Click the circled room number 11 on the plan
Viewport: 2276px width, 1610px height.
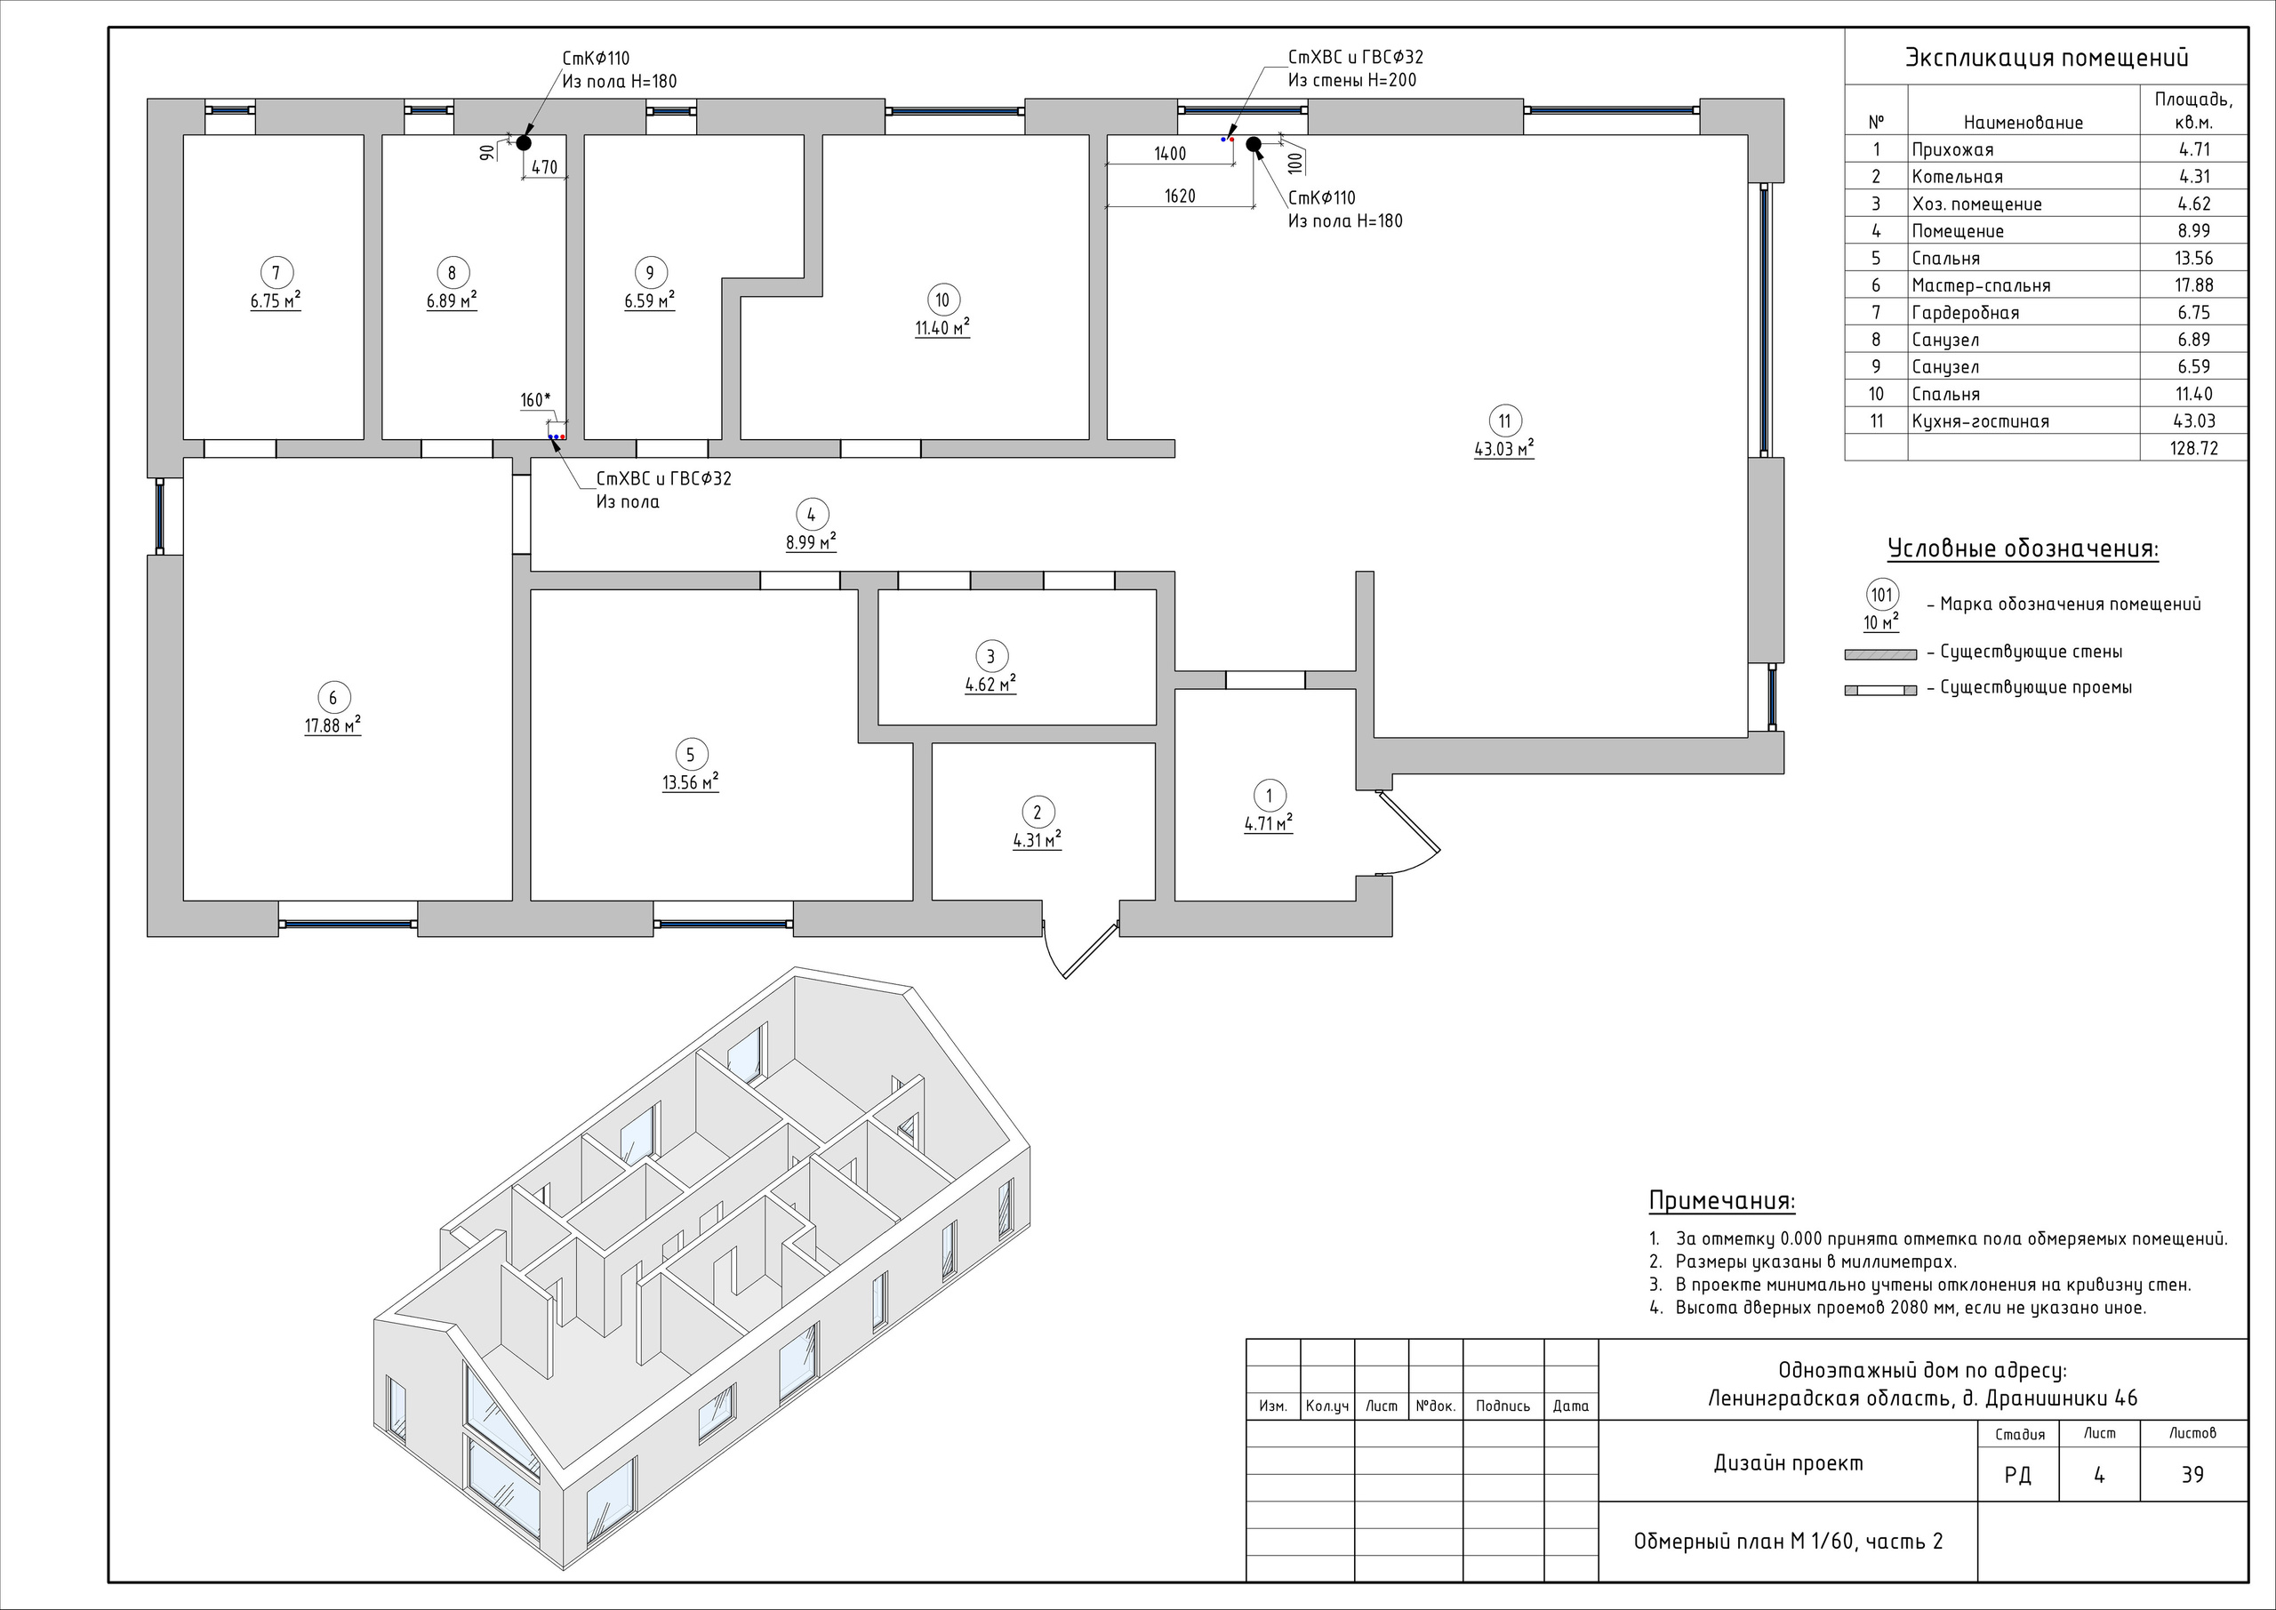coord(1505,421)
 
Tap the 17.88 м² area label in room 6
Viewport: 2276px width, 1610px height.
coord(333,725)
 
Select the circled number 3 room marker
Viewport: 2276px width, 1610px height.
coord(990,655)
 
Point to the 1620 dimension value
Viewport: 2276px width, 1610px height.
coord(1180,196)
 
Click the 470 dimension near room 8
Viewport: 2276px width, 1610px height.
coord(544,167)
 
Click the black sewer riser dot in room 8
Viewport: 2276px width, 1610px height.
coord(524,143)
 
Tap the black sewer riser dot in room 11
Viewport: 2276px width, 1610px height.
coord(1253,144)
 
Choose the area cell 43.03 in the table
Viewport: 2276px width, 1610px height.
coord(2193,421)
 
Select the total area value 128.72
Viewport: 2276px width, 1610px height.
coord(2193,448)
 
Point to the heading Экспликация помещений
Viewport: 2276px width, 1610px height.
coord(2046,58)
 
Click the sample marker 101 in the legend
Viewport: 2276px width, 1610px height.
coord(1881,596)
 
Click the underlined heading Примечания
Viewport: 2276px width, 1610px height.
coord(1722,1200)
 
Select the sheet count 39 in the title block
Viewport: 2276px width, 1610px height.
coord(2192,1474)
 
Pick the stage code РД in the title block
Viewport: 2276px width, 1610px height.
coord(2017,1475)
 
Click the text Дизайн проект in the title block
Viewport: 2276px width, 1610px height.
coord(1788,1462)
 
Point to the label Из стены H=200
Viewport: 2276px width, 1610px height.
coord(1352,81)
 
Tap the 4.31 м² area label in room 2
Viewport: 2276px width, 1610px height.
coord(1037,841)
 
